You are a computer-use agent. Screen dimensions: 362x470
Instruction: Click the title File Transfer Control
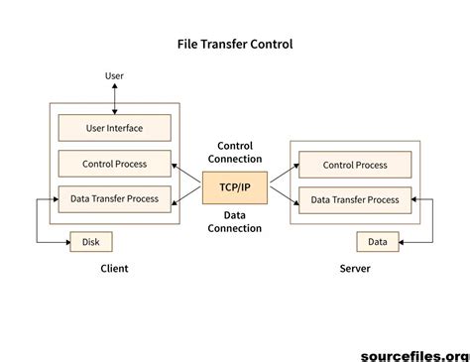point(235,45)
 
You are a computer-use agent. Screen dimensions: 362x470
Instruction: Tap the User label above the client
point(115,75)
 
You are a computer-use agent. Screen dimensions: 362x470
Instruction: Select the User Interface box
point(114,127)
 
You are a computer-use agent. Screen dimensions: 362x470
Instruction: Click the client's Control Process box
point(114,163)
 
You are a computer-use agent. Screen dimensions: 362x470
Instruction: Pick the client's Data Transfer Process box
point(114,198)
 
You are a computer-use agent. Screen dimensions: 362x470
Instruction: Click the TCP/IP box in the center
point(234,185)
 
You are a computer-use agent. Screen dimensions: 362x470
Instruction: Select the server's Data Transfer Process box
point(355,199)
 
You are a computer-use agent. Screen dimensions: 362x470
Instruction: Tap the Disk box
point(91,240)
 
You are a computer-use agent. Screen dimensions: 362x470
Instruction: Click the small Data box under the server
point(377,241)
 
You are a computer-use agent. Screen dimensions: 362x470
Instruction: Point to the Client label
point(115,269)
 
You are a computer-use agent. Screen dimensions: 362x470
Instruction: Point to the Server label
point(354,269)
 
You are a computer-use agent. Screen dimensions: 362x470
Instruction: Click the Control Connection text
point(235,152)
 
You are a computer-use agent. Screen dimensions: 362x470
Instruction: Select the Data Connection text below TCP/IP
point(235,221)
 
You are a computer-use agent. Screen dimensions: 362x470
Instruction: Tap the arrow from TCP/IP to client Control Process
point(186,175)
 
